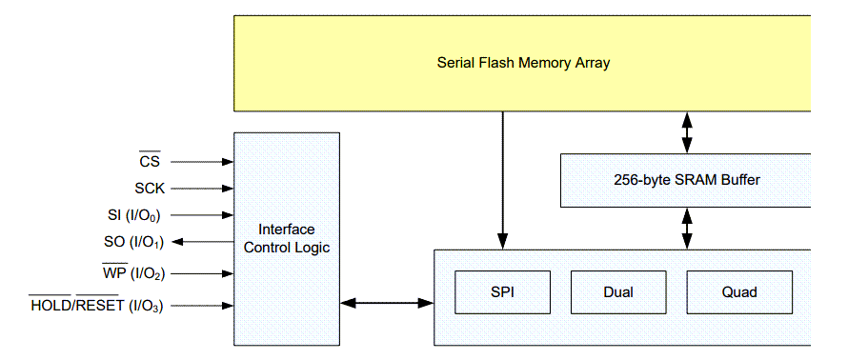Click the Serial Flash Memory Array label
click(x=523, y=63)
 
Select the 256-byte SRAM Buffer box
click(x=686, y=180)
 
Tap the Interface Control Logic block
click(x=286, y=238)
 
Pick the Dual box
click(x=617, y=292)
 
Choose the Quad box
click(x=739, y=292)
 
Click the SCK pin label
click(x=151, y=189)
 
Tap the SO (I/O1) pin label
click(x=132, y=242)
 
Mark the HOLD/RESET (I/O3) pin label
click(x=97, y=306)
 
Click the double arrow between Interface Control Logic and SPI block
click(x=386, y=303)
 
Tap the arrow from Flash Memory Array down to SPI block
click(x=502, y=180)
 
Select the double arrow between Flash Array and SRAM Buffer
click(x=686, y=132)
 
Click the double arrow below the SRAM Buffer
click(x=686, y=229)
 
